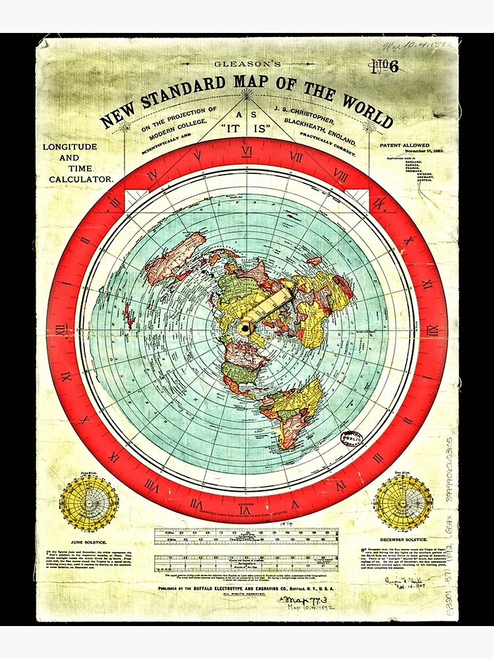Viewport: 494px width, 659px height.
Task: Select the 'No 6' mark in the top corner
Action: pyautogui.click(x=385, y=67)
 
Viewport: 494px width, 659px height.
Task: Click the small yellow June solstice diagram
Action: pyautogui.click(x=90, y=503)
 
